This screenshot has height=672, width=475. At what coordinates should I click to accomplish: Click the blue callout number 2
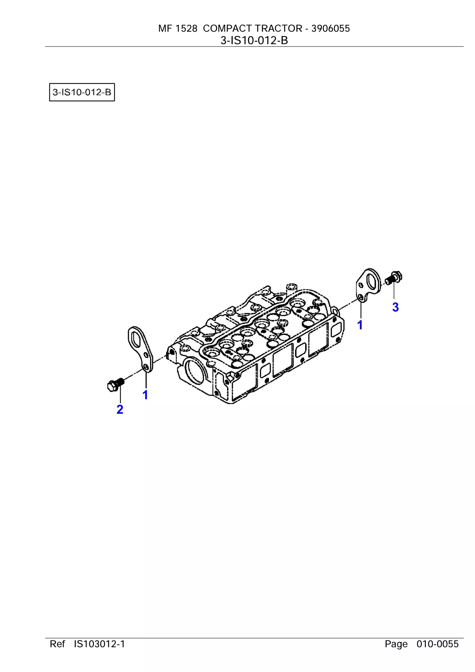click(x=120, y=409)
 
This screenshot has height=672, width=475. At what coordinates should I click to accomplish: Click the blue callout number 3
click(x=395, y=307)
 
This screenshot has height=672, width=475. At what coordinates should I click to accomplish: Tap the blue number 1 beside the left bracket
click(x=145, y=395)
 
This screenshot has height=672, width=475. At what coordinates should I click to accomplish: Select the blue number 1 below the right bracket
click(x=360, y=325)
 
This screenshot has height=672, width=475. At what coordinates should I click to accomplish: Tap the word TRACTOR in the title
click(x=279, y=28)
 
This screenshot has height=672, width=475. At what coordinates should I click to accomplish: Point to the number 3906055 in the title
click(x=331, y=28)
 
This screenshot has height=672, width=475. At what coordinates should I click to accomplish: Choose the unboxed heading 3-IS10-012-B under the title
click(x=254, y=40)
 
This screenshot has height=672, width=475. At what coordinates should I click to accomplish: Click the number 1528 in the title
click(x=186, y=28)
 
